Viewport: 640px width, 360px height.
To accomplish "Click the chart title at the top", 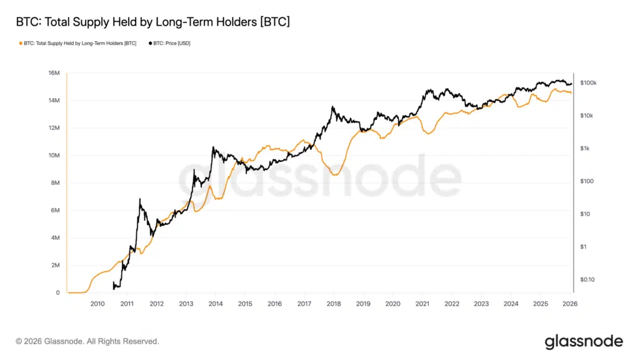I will click(x=152, y=22).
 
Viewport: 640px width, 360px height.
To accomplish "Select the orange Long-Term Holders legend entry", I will click(x=78, y=44).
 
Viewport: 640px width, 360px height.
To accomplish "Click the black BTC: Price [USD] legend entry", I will click(x=169, y=44).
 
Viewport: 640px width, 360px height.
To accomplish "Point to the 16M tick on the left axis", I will click(x=54, y=73).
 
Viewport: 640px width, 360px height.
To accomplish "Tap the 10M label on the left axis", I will click(x=54, y=156).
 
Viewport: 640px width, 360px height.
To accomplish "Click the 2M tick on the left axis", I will click(x=55, y=266).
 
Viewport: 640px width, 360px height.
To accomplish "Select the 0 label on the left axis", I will click(x=57, y=293).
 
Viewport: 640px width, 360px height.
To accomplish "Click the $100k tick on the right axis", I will click(x=588, y=83).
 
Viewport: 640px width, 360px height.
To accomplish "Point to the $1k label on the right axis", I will click(x=585, y=149).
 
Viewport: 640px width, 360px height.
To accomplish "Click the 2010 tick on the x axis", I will click(x=97, y=304).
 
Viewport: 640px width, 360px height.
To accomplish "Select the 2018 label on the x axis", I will click(x=334, y=304).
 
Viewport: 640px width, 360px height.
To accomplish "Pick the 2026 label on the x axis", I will click(x=570, y=304).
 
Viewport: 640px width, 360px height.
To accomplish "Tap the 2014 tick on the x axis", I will click(x=216, y=304).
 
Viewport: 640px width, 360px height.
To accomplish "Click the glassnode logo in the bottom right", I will click(x=584, y=341).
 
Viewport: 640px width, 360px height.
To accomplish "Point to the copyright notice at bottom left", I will click(x=87, y=341).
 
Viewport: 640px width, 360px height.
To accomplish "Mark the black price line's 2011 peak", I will click(x=139, y=199).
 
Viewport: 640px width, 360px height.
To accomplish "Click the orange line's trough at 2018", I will click(x=335, y=175).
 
